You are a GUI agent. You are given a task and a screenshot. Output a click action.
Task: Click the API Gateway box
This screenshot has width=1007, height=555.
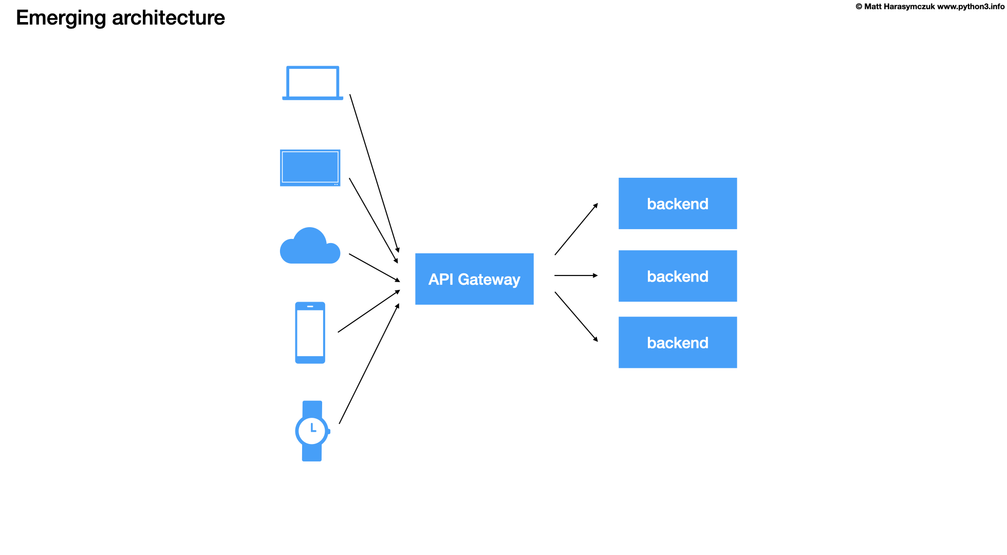474,279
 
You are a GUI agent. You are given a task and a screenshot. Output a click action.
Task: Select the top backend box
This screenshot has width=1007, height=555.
677,203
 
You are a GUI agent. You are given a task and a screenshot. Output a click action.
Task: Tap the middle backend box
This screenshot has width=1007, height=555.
677,276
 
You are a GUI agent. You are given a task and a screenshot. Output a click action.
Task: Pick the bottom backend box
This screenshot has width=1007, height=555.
677,342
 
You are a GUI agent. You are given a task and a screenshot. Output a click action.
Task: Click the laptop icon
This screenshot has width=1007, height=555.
312,83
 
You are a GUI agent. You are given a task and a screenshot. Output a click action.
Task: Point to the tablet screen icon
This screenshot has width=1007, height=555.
310,168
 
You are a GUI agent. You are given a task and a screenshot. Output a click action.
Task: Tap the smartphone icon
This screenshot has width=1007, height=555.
310,332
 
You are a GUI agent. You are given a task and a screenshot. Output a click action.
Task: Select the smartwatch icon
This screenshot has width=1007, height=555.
312,431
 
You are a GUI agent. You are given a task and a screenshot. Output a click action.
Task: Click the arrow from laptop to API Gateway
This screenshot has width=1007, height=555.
374,173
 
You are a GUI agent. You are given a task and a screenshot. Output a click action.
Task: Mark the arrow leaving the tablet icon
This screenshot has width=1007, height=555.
373,220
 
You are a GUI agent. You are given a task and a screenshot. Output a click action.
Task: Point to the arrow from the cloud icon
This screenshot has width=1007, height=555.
374,267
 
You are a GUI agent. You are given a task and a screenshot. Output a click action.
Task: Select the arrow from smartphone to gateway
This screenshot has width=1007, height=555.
368,311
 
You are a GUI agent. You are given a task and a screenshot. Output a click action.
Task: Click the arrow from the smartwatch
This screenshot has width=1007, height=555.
369,364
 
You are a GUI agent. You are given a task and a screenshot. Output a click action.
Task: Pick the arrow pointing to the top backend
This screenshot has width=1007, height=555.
576,229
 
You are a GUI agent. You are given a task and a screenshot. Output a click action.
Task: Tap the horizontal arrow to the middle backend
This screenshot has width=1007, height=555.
575,275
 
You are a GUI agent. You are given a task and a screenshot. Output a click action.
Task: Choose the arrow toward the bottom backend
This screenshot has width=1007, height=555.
576,317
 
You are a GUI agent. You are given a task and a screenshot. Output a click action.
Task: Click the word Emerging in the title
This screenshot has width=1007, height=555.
61,18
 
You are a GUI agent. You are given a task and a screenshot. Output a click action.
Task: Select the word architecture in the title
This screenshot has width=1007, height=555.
168,18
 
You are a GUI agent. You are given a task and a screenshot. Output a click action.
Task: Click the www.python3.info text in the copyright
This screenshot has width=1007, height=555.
971,7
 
